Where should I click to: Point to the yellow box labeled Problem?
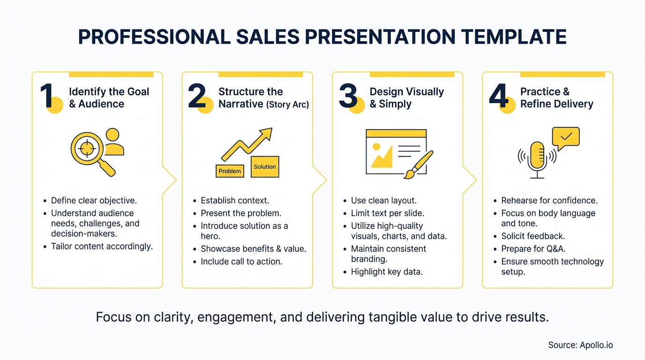pyautogui.click(x=230, y=171)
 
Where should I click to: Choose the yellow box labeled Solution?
pyautogui.click(x=265, y=167)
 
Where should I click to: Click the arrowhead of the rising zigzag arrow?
pyautogui.click(x=266, y=133)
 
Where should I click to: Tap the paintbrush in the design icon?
pyautogui.click(x=419, y=164)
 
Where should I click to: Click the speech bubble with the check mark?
pyautogui.click(x=566, y=136)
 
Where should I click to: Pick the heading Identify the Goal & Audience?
pyautogui.click(x=109, y=98)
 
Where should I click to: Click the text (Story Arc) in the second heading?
pyautogui.click(x=287, y=105)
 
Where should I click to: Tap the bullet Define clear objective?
pyautogui.click(x=94, y=201)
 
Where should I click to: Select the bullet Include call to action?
pyautogui.click(x=241, y=262)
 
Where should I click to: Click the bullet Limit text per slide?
pyautogui.click(x=387, y=213)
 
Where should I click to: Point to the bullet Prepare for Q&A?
pyautogui.click(x=530, y=249)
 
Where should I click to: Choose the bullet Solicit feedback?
pyautogui.click(x=533, y=236)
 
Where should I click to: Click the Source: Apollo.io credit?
pyautogui.click(x=580, y=345)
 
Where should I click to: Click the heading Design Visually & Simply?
pyautogui.click(x=406, y=98)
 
